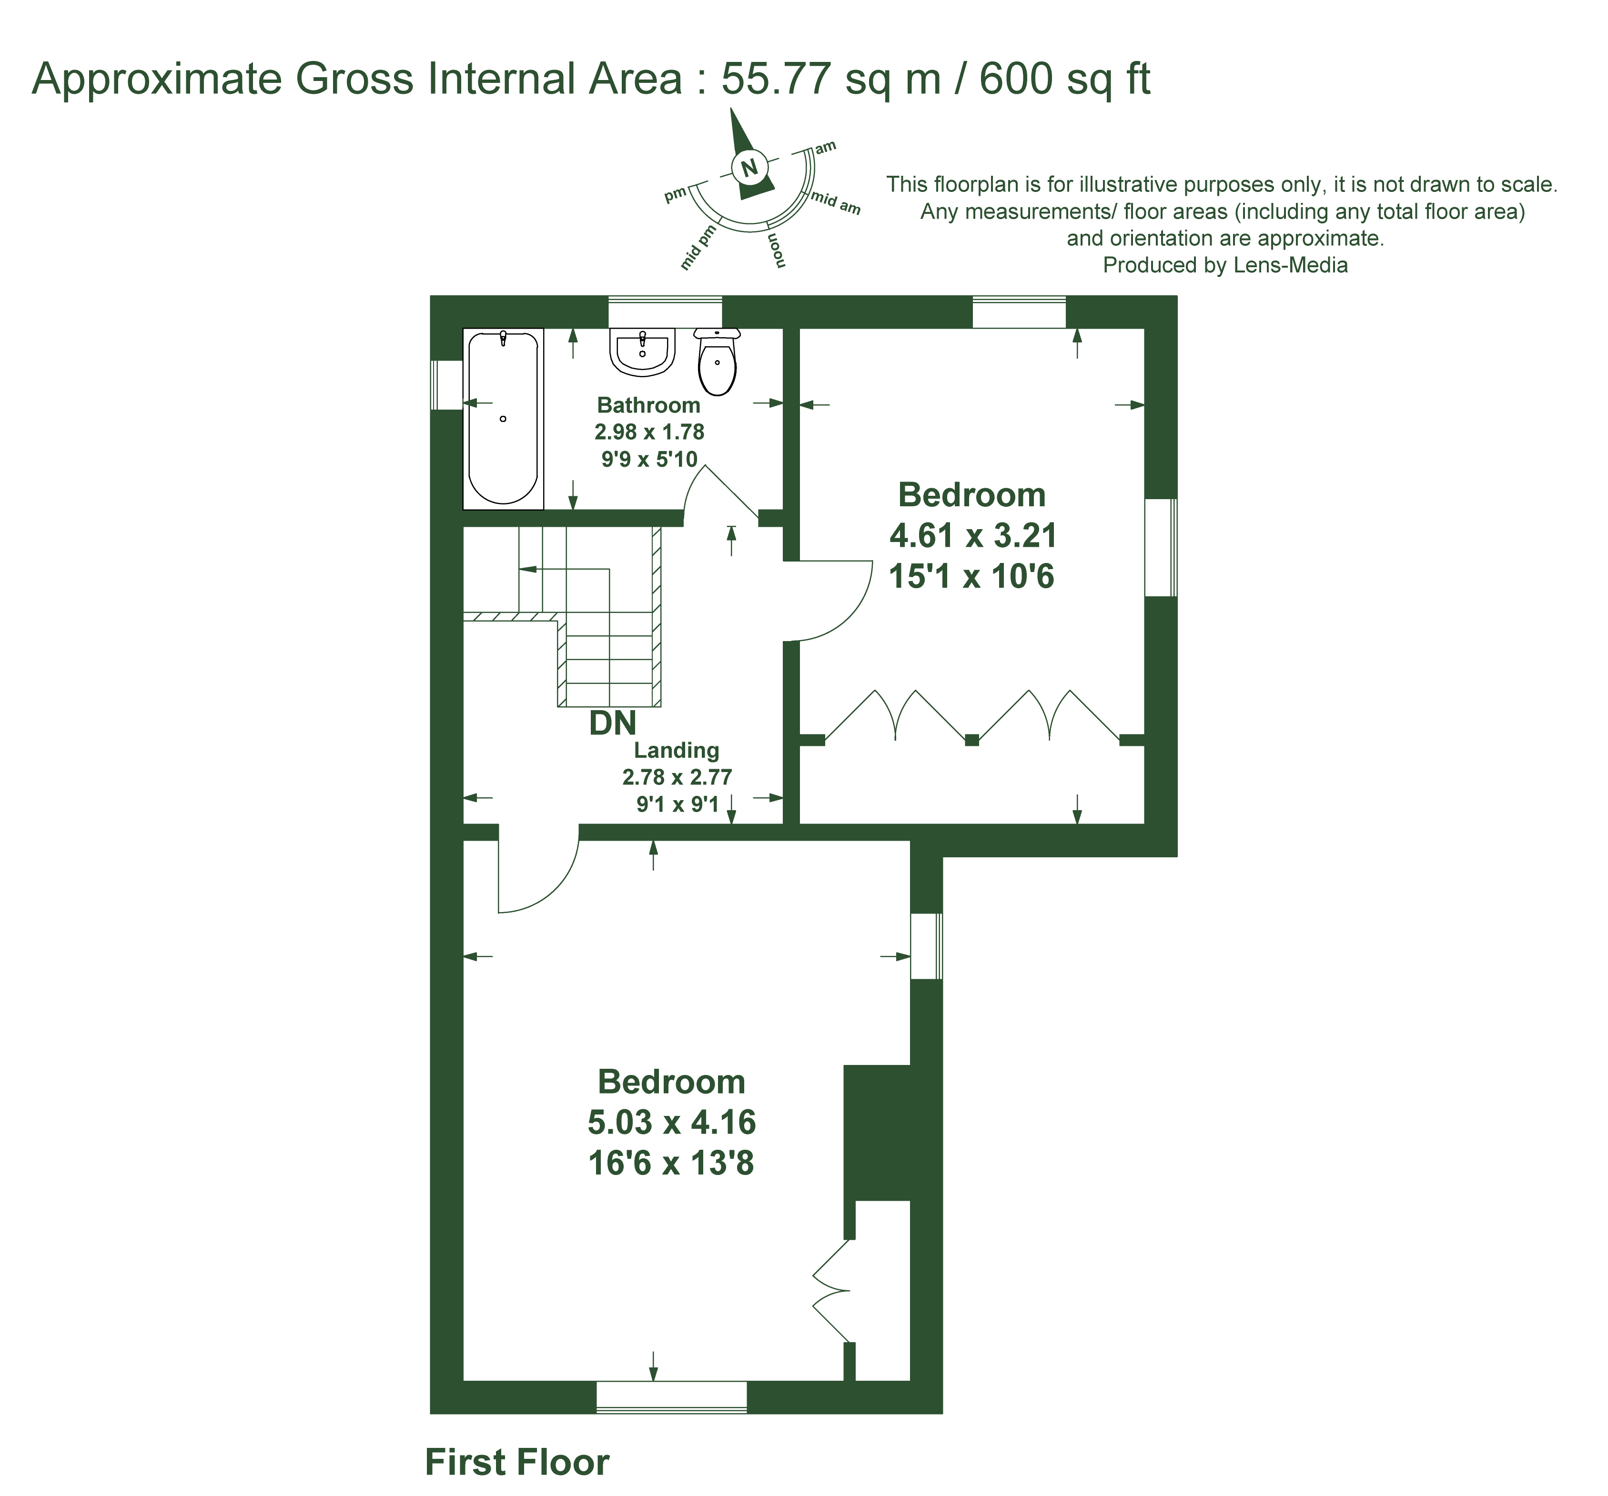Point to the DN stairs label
612,723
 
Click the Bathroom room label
649,405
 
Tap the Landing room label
676,751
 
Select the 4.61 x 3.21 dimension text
973,535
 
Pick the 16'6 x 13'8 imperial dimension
671,1163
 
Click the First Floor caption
517,1462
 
